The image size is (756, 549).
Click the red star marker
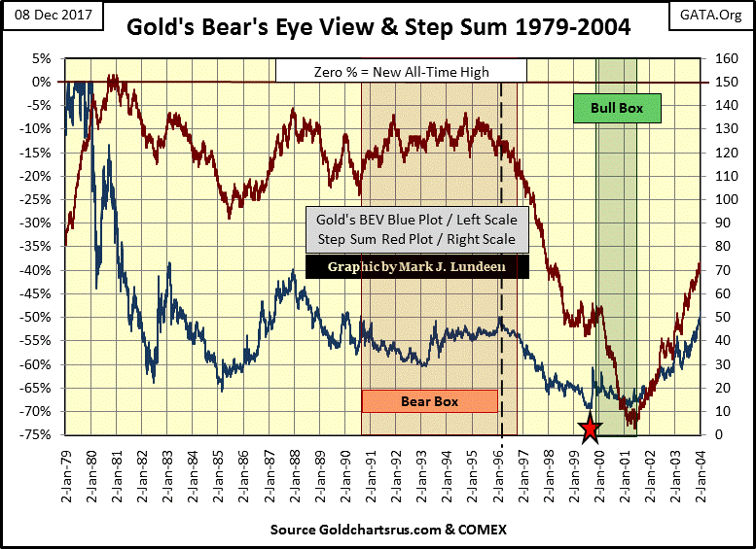pos(589,429)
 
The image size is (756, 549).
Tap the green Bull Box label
pos(617,108)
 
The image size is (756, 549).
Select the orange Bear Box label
pos(429,400)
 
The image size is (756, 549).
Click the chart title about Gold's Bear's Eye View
pos(379,28)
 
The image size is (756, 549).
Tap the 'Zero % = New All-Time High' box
pos(401,71)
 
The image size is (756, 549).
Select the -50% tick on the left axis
pos(39,318)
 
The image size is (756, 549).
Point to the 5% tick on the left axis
pos(43,58)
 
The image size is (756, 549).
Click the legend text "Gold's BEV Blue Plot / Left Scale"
pos(416,220)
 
